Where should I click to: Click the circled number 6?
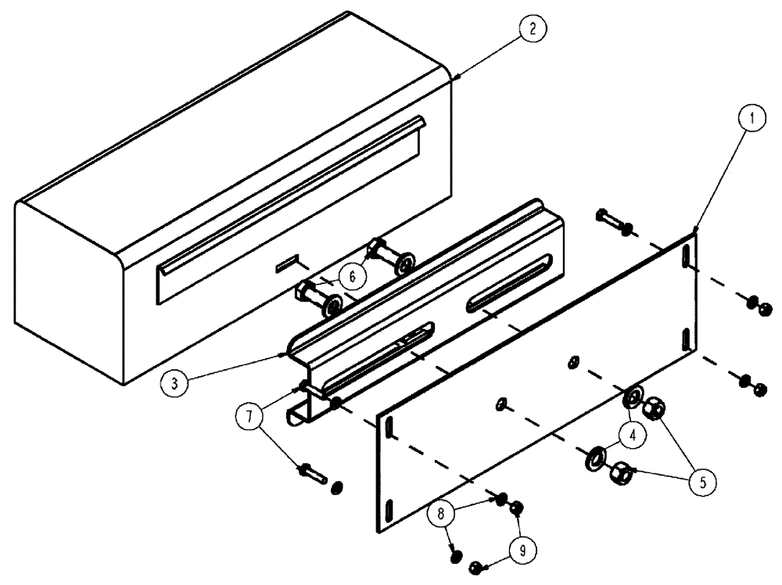point(353,275)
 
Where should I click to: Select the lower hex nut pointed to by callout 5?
point(622,472)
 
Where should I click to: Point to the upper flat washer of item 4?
point(633,397)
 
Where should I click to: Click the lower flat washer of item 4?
point(596,457)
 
